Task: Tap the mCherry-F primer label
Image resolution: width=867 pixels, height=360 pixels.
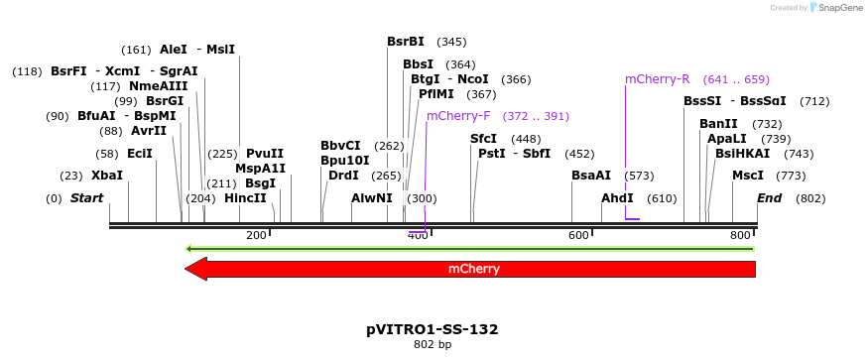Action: tap(458, 116)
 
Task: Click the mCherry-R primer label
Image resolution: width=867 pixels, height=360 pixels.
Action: tap(657, 79)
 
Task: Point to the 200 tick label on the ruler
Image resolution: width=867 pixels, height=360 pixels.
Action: tap(256, 235)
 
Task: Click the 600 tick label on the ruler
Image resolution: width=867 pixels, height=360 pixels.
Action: tap(578, 235)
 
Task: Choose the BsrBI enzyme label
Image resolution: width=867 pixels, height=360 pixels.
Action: tap(406, 42)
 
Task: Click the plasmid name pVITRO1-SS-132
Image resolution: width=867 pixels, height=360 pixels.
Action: tap(433, 328)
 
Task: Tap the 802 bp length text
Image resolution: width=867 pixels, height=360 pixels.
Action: tap(433, 345)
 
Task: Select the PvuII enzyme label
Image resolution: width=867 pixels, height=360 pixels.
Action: tap(265, 154)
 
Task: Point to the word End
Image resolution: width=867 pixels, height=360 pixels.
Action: tap(769, 198)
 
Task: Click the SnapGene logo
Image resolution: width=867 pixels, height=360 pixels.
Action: tap(837, 8)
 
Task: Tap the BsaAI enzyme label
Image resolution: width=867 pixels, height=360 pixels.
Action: tap(591, 176)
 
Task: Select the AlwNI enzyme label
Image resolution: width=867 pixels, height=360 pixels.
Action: tap(372, 198)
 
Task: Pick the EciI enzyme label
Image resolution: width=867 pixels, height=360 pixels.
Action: tap(140, 154)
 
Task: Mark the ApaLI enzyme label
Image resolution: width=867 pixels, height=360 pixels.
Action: tap(727, 139)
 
